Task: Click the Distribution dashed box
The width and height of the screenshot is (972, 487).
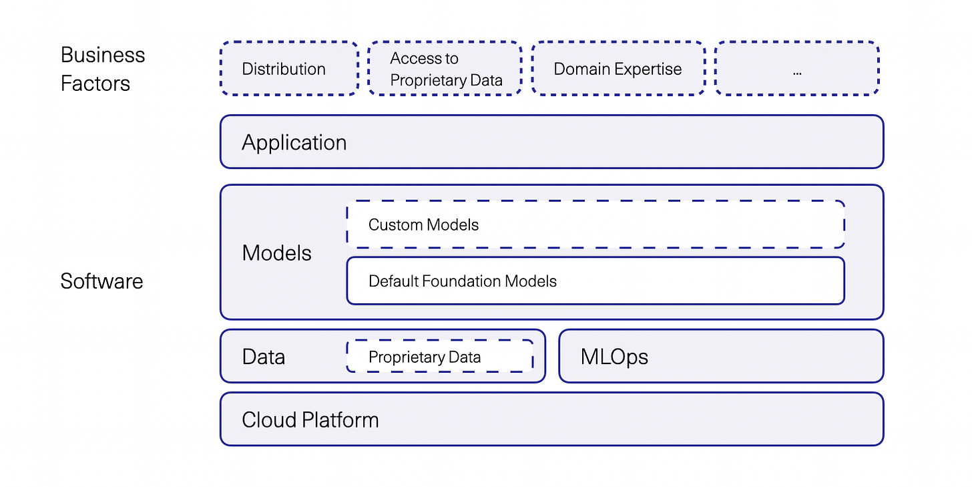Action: [289, 69]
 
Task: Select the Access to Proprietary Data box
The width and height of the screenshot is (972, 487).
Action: [445, 69]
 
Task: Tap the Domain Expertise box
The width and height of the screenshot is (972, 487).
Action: [618, 69]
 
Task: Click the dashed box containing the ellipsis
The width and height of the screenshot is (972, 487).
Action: [796, 69]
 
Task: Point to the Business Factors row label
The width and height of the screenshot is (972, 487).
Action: [103, 69]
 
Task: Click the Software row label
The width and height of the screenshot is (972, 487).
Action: [101, 281]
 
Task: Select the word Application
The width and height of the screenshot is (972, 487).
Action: [294, 143]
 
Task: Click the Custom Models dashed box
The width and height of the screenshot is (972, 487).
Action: [595, 224]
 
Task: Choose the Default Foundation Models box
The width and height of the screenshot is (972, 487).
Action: [595, 281]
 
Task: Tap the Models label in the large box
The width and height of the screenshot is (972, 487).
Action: [276, 253]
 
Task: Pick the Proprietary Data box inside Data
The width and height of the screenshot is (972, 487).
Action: [439, 357]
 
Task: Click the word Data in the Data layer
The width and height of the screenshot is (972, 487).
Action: [263, 357]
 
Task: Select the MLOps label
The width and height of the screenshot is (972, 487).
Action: [614, 357]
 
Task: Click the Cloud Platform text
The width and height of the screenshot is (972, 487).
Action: [310, 420]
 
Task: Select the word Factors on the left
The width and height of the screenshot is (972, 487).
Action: [95, 84]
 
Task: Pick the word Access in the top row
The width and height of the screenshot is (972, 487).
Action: [415, 59]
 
